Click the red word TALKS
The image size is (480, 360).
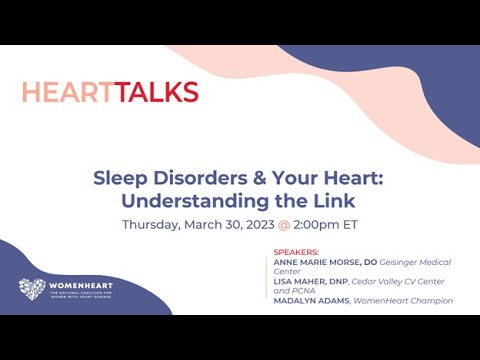tap(156, 93)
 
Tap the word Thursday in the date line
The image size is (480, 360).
tap(151, 224)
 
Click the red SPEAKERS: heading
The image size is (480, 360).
tap(296, 252)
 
